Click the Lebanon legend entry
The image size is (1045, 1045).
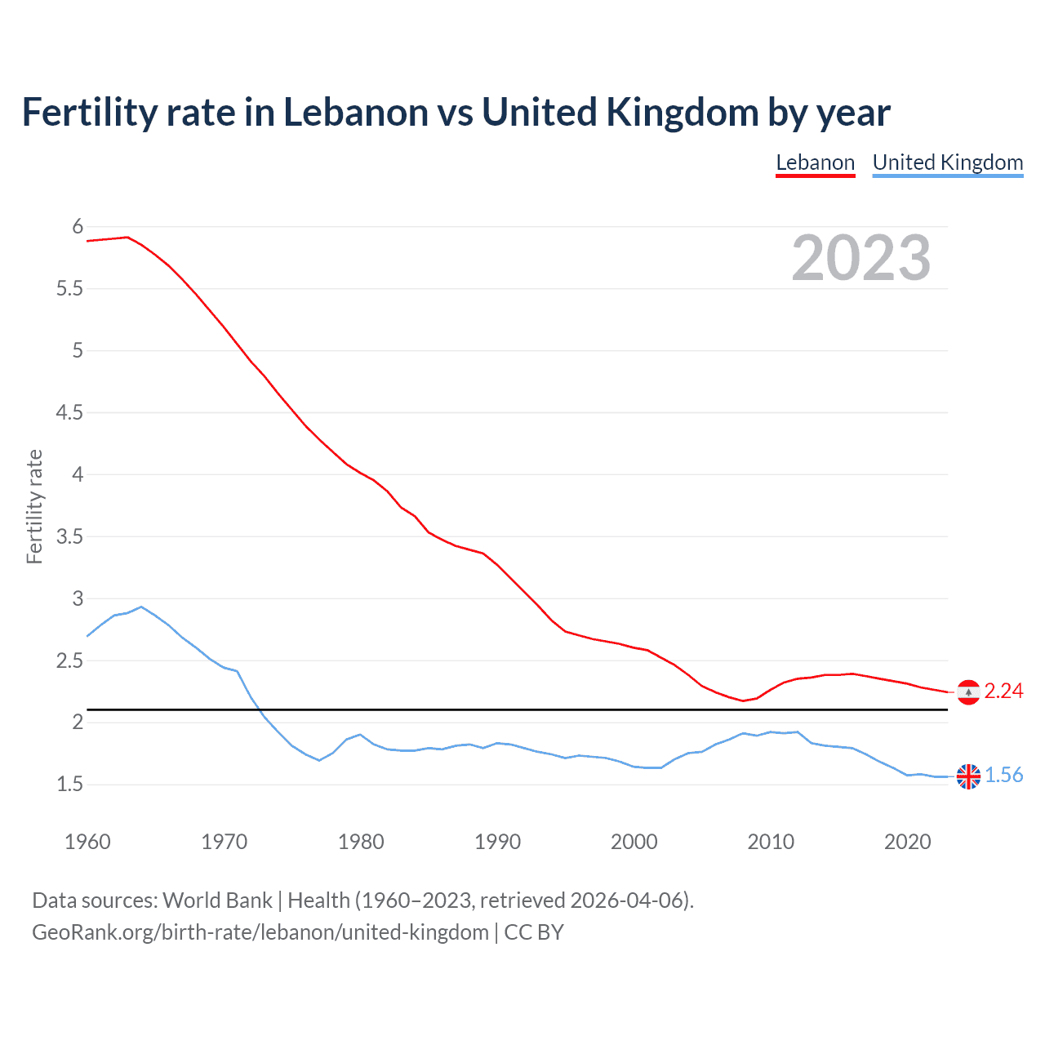815,162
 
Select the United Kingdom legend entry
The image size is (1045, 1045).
947,162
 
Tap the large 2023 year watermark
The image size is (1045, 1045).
860,258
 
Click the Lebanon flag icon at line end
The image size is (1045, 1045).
968,691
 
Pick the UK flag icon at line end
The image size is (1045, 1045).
968,776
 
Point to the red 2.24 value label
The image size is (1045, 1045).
1003,691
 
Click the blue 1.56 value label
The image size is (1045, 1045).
1003,776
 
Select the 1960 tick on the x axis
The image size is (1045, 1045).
87,842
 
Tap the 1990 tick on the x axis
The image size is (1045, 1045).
497,842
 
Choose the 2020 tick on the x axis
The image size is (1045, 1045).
907,842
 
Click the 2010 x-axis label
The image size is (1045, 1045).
771,842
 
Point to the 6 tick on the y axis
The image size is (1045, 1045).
78,226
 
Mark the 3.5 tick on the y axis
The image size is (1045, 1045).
69,536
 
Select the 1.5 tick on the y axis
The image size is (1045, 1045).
69,785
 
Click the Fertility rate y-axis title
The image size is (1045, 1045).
34,506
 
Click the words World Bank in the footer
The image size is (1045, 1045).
217,900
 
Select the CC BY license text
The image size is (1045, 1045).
534,932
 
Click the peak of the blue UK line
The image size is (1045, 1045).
141,607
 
